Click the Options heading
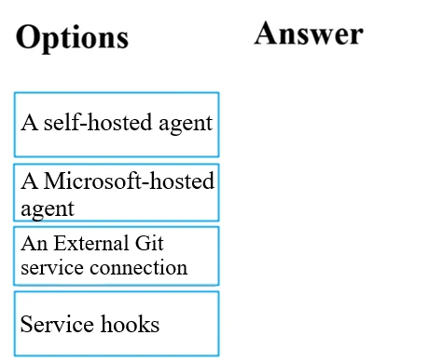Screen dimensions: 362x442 pyautogui.click(x=72, y=37)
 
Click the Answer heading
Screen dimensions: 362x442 pyautogui.click(x=308, y=34)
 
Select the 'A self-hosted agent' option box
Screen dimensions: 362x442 pyautogui.click(x=117, y=124)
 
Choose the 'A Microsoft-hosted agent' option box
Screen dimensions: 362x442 pyautogui.click(x=117, y=193)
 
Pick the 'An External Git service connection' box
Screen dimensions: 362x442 pyautogui.click(x=117, y=255)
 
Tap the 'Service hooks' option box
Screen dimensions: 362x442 pyautogui.click(x=117, y=324)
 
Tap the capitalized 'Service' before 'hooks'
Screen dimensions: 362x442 pyautogui.click(x=56, y=324)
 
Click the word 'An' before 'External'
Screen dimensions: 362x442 pyautogui.click(x=34, y=245)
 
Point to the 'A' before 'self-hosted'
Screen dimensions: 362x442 pyautogui.click(x=29, y=122)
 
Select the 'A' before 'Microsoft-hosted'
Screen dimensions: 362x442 pyautogui.click(x=29, y=181)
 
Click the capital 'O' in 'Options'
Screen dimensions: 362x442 pyautogui.click(x=29, y=37)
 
